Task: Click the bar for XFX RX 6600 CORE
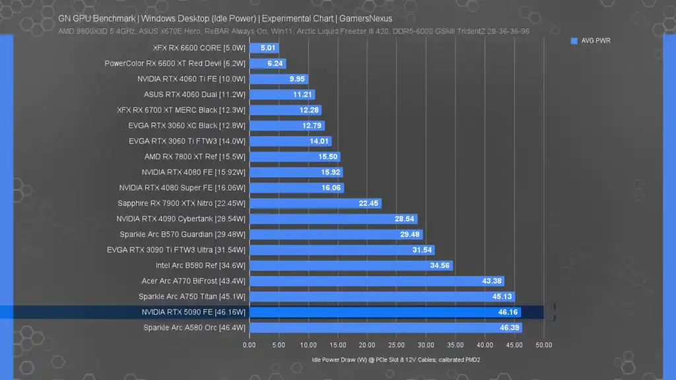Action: pyautogui.click(x=263, y=48)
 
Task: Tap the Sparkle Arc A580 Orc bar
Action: pyautogui.click(x=386, y=327)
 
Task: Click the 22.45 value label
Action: pyautogui.click(x=368, y=204)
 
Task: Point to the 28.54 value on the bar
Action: pyautogui.click(x=404, y=219)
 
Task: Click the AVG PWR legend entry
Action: pyautogui.click(x=591, y=41)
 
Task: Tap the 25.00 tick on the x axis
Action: pyautogui.click(x=396, y=345)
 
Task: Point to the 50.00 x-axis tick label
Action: pyautogui.click(x=543, y=345)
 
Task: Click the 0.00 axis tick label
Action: pyautogui.click(x=249, y=345)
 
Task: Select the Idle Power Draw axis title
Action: pyautogui.click(x=396, y=360)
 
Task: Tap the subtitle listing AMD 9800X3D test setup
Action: pyautogui.click(x=293, y=30)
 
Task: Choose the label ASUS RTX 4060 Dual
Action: pyautogui.click(x=194, y=94)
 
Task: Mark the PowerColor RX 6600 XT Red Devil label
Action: pyautogui.click(x=175, y=63)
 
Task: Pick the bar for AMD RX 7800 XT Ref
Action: pyautogui.click(x=295, y=157)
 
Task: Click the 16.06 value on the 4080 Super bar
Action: pyautogui.click(x=331, y=188)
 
